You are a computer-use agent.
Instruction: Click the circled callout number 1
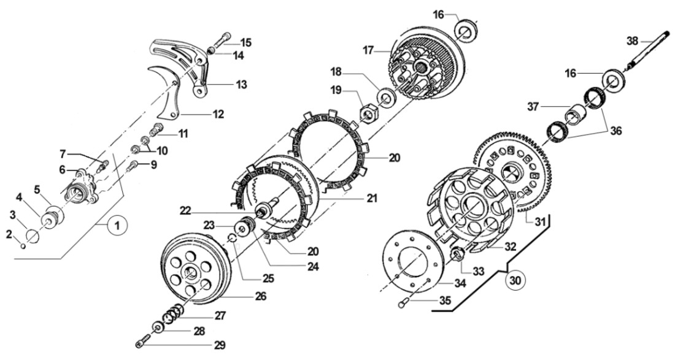[117, 226]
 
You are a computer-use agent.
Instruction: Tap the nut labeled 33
[457, 253]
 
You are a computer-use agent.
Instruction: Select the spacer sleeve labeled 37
[576, 115]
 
